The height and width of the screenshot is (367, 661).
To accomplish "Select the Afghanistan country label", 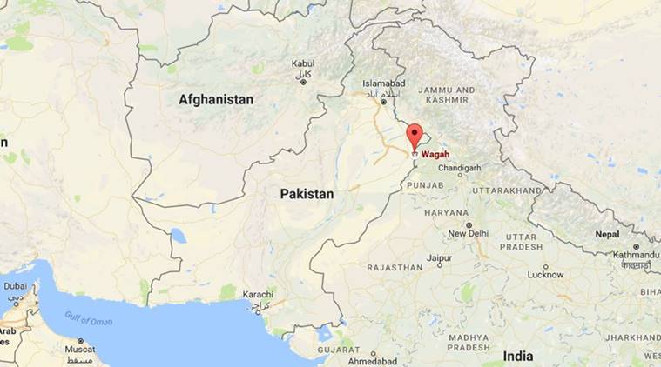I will pos(216,100).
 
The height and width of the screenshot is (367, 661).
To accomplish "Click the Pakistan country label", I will pos(307,195).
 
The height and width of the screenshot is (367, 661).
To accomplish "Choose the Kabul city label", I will pos(302,63).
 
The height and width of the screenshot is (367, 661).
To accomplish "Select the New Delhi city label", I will pos(467,234).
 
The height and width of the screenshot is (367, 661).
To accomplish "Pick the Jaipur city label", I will pos(439,258).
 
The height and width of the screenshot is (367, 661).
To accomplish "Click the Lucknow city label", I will pos(545,274).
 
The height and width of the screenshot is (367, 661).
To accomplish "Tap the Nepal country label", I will pos(608,234).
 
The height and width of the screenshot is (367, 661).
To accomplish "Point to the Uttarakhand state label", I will pos(507,189).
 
